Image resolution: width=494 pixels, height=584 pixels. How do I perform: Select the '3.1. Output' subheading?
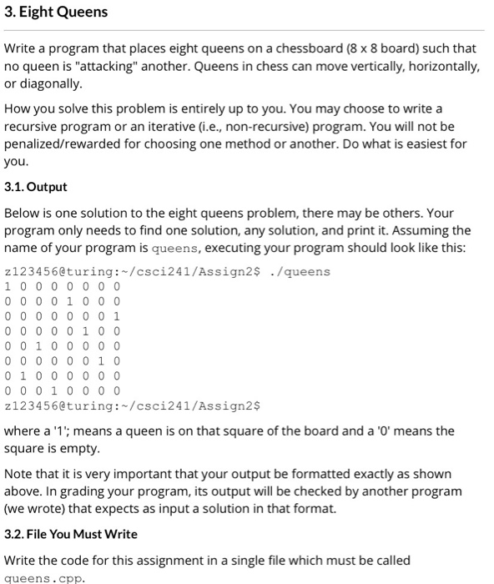[x=35, y=187]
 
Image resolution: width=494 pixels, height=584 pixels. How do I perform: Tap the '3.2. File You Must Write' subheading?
[x=71, y=534]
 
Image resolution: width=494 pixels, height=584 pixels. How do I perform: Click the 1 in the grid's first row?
[x=8, y=285]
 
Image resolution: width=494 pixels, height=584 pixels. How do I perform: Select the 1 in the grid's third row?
[x=117, y=315]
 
